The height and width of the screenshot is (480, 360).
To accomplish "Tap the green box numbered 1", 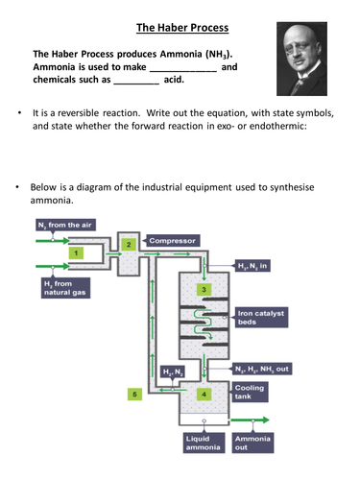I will pyautogui.click(x=76, y=252).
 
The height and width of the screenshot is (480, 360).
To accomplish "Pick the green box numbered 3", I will pyautogui.click(x=203, y=289).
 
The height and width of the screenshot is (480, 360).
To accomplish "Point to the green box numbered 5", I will pyautogui.click(x=134, y=394).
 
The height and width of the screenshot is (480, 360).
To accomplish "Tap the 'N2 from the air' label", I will pyautogui.click(x=66, y=225).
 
